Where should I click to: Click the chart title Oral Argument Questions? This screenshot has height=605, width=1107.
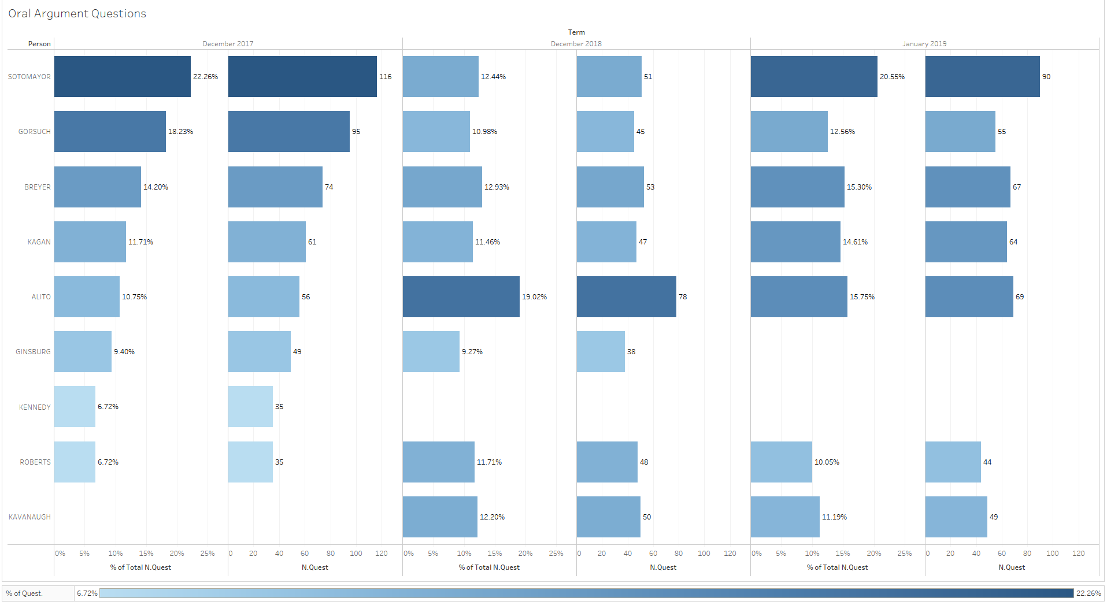(77, 14)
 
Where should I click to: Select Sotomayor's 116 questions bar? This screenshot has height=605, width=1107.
(302, 76)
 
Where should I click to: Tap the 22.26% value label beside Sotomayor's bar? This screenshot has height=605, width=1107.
(205, 77)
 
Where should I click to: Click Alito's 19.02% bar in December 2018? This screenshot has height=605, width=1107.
(461, 296)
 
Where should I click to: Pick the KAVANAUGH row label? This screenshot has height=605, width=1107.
(29, 517)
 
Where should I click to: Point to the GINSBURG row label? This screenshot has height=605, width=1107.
(33, 352)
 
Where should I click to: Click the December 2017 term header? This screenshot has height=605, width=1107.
(228, 44)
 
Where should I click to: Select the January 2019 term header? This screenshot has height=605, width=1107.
(924, 44)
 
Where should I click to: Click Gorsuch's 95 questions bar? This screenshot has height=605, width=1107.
(288, 132)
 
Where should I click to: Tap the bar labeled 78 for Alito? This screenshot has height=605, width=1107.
(626, 296)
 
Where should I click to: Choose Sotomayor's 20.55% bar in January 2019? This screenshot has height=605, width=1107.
(814, 76)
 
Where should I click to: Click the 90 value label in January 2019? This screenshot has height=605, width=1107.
(1046, 77)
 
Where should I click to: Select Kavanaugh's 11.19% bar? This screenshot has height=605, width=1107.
(785, 517)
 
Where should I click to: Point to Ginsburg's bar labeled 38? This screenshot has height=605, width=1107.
(601, 351)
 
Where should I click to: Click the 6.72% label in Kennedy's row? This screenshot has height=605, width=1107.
(108, 407)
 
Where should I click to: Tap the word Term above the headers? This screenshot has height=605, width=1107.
(576, 32)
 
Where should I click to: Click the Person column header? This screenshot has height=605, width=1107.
(39, 44)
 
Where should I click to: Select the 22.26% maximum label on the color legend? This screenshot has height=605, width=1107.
(1089, 593)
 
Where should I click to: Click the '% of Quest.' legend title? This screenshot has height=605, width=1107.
(24, 593)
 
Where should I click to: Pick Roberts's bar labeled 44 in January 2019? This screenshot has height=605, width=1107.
(953, 462)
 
